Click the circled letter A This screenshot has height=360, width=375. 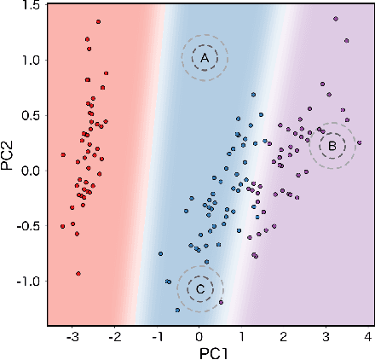coord(204,57)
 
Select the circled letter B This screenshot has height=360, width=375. coord(332,146)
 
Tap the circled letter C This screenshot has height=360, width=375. coord(199,289)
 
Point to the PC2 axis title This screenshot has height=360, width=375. coord(9,165)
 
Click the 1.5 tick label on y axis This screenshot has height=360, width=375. coord(31,6)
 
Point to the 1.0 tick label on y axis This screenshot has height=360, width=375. coord(31,61)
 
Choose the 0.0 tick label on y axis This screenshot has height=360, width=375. coord(31,171)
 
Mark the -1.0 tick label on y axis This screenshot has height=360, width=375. coord(28,281)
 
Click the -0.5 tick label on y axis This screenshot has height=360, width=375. coord(28,226)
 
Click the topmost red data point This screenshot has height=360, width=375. coord(98,20)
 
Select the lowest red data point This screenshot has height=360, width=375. coord(78,274)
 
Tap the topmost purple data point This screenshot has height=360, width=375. coord(336,18)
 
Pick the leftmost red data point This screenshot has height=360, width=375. coord(62,154)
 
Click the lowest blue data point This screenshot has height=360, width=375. coord(176,311)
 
